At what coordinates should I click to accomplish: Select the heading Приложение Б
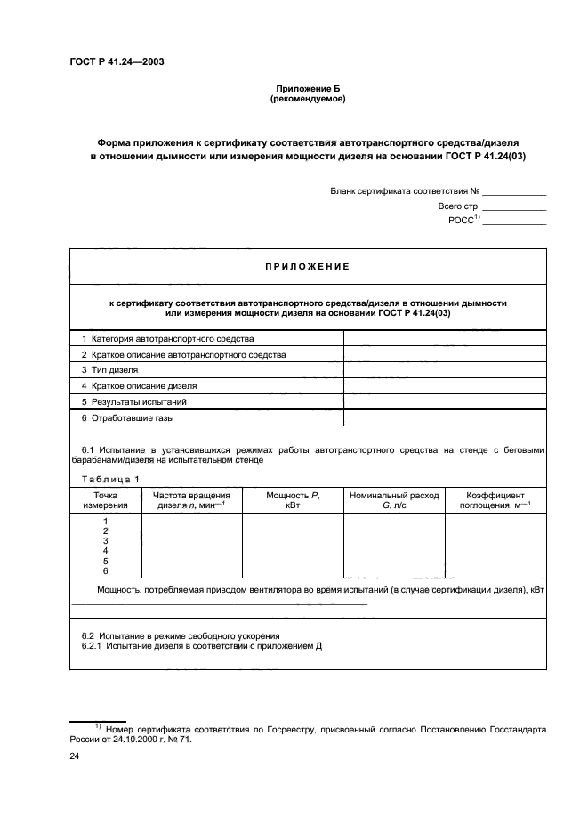tap(307, 90)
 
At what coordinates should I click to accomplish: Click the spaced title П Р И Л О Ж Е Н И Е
tap(308, 266)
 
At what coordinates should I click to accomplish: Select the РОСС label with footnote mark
tap(464, 220)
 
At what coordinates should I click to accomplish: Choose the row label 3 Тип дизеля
tap(110, 370)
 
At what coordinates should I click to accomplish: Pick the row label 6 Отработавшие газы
tap(128, 417)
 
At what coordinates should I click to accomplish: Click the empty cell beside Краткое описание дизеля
tap(445, 386)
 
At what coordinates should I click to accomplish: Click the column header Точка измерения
tap(105, 500)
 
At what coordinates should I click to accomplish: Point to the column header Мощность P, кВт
tap(293, 500)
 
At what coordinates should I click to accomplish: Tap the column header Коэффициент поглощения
tap(495, 500)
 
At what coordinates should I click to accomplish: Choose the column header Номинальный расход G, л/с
tap(393, 500)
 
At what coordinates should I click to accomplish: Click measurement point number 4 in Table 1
tap(105, 551)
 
